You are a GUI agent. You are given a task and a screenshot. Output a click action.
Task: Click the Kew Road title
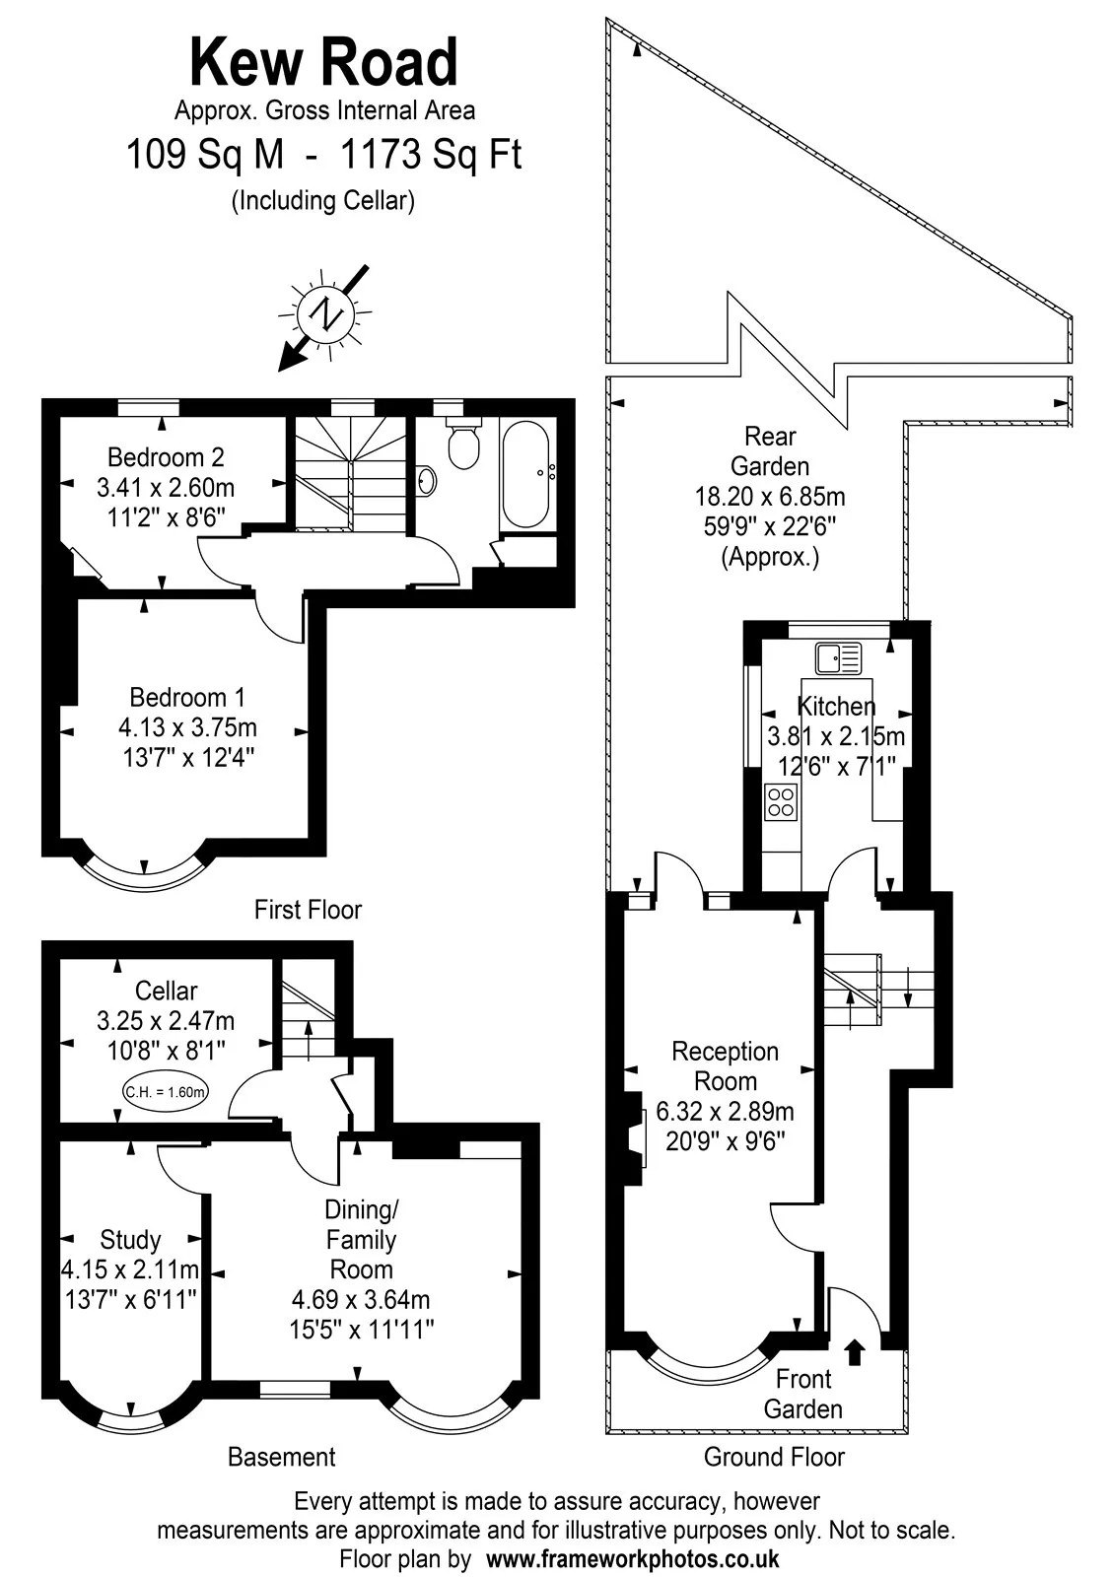click(324, 63)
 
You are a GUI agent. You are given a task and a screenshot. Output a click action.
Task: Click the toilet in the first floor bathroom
click(463, 443)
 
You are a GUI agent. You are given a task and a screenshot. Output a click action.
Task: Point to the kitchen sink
click(838, 659)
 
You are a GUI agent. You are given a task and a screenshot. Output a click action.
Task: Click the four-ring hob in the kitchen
click(781, 802)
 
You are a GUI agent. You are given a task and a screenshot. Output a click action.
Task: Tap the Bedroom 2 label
click(166, 457)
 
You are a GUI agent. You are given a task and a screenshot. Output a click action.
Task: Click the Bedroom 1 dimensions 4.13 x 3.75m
click(187, 727)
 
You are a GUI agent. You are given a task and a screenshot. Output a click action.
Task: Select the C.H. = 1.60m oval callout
click(166, 1092)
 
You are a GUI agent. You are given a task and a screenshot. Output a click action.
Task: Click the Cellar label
click(167, 991)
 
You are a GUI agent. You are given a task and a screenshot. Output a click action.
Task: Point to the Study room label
click(130, 1239)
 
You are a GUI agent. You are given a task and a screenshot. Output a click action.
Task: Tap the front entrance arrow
click(855, 1352)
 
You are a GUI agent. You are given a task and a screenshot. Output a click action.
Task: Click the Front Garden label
click(803, 1394)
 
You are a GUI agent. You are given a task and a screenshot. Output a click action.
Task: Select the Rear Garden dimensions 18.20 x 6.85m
click(770, 497)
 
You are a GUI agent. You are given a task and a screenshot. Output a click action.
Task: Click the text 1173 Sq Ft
click(431, 154)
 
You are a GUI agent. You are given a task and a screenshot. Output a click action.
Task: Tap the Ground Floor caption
click(774, 1457)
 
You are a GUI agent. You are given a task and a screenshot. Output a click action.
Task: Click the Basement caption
click(282, 1457)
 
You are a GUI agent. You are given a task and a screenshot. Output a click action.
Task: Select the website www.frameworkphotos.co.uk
click(632, 1558)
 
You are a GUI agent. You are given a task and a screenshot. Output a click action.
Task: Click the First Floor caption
click(308, 910)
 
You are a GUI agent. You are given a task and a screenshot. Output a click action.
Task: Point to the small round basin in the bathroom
click(427, 482)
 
